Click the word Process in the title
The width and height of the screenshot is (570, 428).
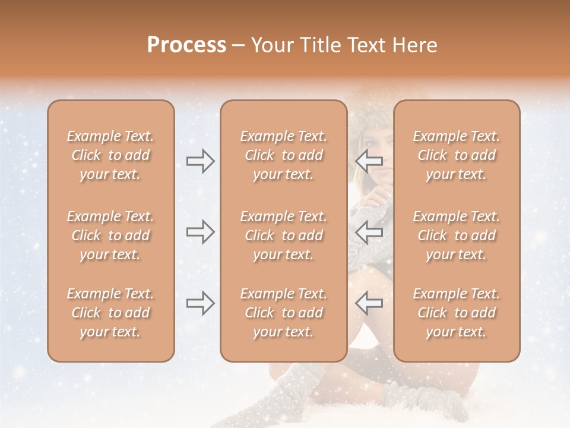[x=186, y=45]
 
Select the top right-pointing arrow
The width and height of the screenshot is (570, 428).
[x=200, y=160]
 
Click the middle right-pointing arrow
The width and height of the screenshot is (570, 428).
[x=200, y=232]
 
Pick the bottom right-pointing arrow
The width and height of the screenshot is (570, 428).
[x=200, y=303]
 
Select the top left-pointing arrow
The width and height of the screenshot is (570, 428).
[x=369, y=160]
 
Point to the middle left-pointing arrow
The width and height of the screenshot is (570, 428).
[x=369, y=232]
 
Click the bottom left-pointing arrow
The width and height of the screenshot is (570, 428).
[x=369, y=303]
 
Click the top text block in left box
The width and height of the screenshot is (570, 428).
[x=110, y=155]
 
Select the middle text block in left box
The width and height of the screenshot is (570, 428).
[x=110, y=235]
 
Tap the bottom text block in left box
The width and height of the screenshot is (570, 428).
[x=110, y=313]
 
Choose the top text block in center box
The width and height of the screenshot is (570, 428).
[x=284, y=155]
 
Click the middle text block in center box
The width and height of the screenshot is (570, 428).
[x=284, y=235]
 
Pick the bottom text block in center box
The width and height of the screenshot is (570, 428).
[x=284, y=313]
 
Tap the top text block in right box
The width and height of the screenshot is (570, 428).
[x=457, y=155]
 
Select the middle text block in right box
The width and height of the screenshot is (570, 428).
[x=457, y=235]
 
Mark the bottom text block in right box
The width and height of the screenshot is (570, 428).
[x=457, y=313]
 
